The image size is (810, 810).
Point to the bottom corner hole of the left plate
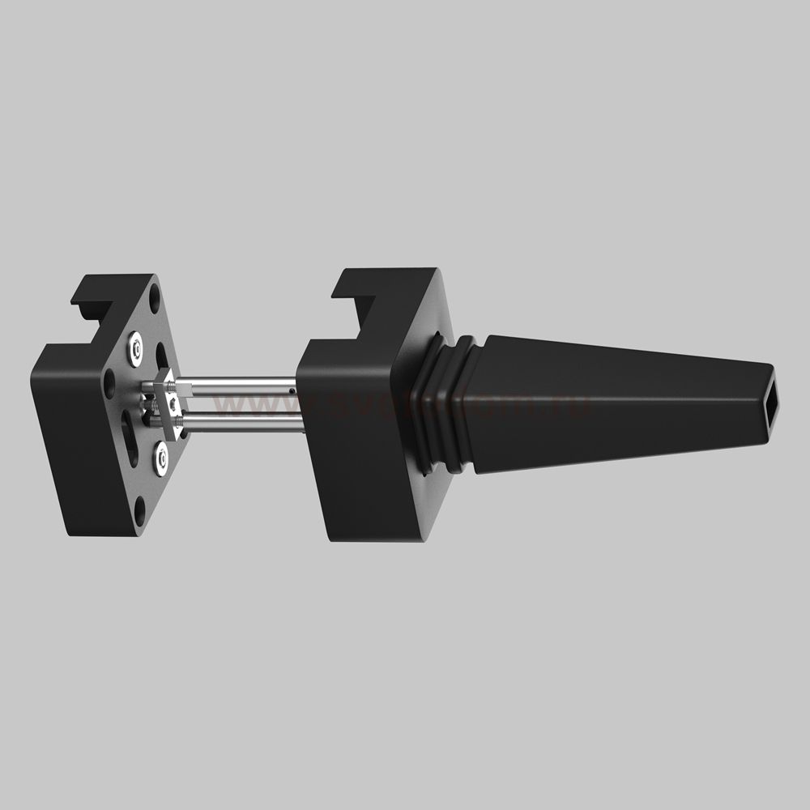coord(141,509)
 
